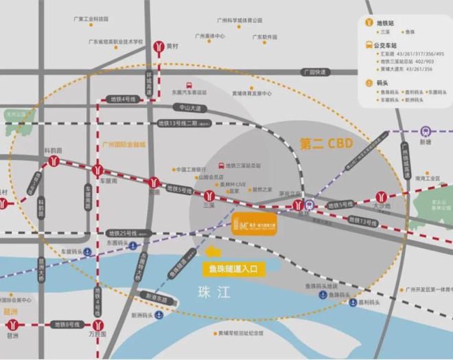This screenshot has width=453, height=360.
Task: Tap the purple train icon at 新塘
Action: [x=426, y=130]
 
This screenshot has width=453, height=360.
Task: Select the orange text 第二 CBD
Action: [x=325, y=143]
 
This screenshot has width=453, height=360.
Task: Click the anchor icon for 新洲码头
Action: [x=158, y=315]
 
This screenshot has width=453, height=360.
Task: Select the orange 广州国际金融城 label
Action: [x=124, y=145]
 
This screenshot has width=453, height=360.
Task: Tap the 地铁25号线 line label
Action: [x=124, y=234]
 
